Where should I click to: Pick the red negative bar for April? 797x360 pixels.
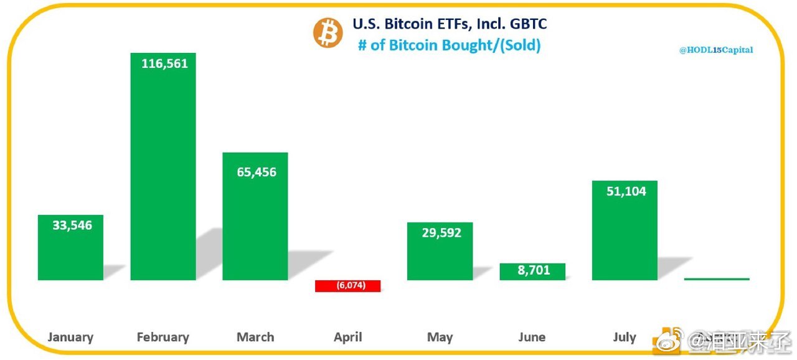tap(347, 286)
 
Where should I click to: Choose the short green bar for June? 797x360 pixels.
tap(532, 272)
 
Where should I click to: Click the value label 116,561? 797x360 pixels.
tap(164, 64)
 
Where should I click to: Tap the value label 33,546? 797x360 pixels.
tap(72, 225)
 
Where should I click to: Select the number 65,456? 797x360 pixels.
tap(256, 172)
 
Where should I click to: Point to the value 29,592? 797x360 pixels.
tap(441, 233)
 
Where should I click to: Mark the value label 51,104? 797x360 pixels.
tap(626, 191)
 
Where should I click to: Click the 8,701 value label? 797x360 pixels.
tap(533, 270)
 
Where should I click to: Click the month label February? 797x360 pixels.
tap(163, 338)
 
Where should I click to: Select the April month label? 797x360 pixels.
tap(347, 338)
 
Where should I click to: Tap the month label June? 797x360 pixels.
tap(532, 338)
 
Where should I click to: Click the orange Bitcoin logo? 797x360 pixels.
tap(328, 33)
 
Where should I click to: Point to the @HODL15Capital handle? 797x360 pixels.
tap(715, 50)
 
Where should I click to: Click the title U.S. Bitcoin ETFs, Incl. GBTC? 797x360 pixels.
tap(450, 24)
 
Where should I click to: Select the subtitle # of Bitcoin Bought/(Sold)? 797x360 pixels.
tap(449, 45)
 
